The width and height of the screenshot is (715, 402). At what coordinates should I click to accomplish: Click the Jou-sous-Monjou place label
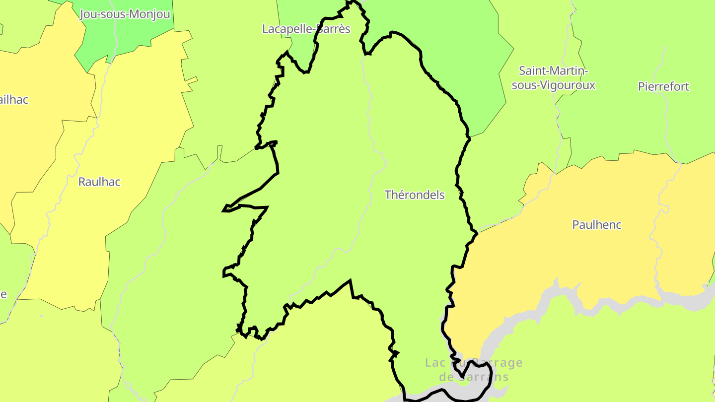pos(125,14)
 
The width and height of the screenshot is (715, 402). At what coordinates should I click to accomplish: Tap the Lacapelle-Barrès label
pos(306,29)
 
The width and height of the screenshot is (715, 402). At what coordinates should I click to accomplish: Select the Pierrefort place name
pos(663,87)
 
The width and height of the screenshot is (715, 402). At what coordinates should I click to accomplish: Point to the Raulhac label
pos(99,182)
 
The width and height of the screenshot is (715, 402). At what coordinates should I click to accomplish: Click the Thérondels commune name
pos(415,195)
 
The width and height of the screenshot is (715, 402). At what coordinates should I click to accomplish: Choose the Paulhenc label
pos(597,225)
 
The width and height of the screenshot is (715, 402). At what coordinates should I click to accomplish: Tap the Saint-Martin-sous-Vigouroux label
pos(553,78)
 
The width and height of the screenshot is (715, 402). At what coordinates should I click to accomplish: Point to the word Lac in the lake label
pos(435,363)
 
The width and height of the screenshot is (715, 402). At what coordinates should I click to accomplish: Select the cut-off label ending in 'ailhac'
pos(14,100)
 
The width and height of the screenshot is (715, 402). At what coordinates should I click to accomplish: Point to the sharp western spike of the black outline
pos(224,210)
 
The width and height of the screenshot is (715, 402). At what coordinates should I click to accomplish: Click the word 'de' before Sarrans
pos(447,377)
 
